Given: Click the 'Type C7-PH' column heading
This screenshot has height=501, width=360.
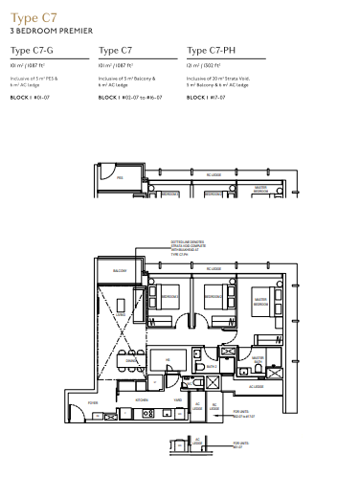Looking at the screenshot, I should (x=213, y=51).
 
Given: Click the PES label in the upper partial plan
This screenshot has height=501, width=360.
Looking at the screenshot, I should (x=120, y=177).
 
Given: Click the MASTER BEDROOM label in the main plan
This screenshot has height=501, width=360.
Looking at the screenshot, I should (x=259, y=301).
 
